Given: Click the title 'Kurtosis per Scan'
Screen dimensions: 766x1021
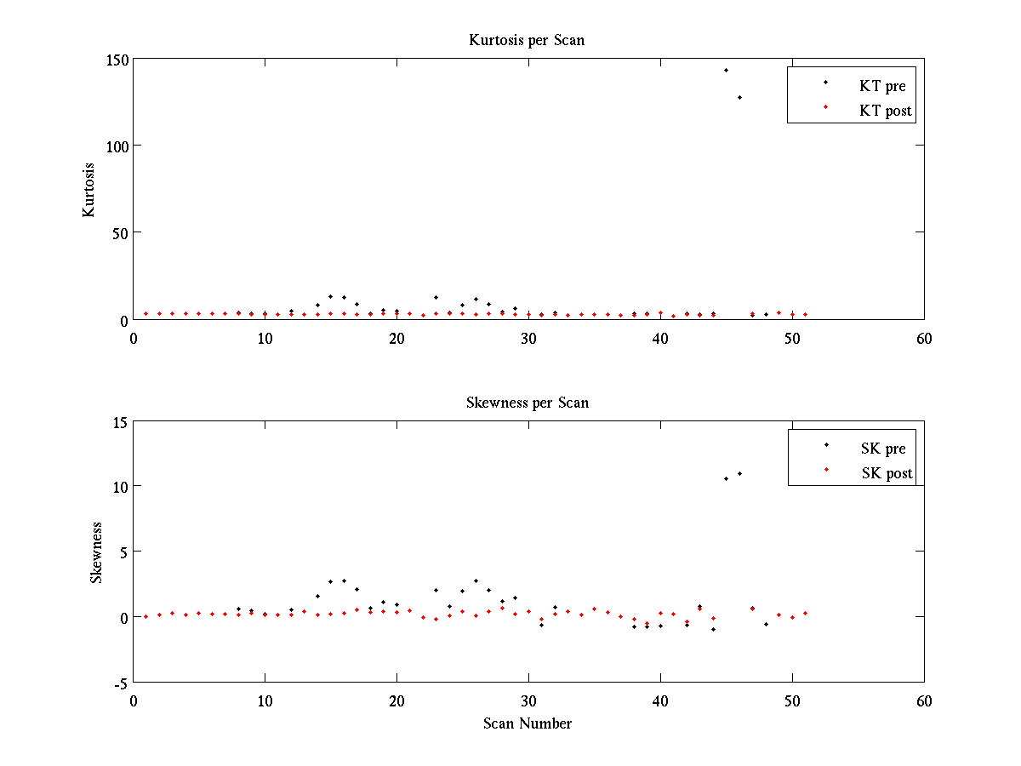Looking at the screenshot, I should tap(527, 40).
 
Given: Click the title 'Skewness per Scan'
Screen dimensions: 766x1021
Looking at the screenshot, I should tap(527, 403).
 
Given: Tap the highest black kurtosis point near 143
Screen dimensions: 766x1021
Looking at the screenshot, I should tap(726, 70).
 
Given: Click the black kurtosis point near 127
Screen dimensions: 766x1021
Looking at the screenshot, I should tap(739, 97).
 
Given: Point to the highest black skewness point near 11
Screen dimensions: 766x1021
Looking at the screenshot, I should tap(739, 473).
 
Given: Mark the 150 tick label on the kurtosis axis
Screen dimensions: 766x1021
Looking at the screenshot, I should tap(117, 60).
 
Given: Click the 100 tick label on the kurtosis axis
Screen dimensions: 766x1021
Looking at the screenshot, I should tap(117, 146).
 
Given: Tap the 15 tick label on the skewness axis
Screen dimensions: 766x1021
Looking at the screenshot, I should tap(120, 421).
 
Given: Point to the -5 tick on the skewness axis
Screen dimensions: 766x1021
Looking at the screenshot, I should tap(120, 683).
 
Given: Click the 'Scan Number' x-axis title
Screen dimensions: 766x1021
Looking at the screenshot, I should tap(528, 723).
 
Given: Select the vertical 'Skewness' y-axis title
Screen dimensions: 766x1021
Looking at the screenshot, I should tap(96, 552).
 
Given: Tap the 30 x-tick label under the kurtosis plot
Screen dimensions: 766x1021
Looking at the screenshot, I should tap(528, 339).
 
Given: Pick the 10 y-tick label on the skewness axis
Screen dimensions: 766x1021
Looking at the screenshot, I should tap(120, 487).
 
